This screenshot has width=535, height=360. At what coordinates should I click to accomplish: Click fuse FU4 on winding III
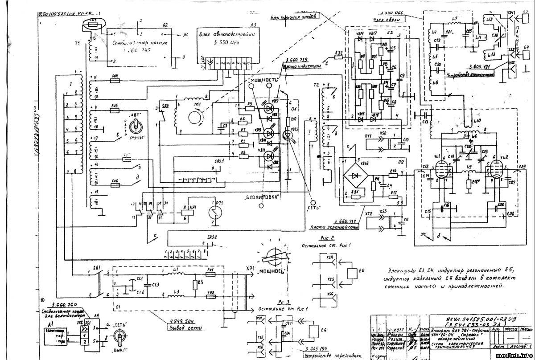point(115,81)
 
